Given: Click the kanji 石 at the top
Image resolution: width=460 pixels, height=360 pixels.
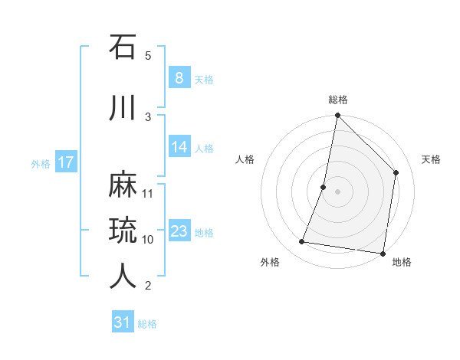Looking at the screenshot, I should pyautogui.click(x=123, y=47).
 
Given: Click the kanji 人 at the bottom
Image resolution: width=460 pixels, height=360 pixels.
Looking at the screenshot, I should pyautogui.click(x=123, y=276).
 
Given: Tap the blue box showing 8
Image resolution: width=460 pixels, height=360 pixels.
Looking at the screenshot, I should pyautogui.click(x=179, y=77).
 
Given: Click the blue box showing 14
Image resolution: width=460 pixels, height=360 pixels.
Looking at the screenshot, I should pyautogui.click(x=179, y=147).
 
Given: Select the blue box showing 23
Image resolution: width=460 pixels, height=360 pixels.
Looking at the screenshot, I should pyautogui.click(x=179, y=231).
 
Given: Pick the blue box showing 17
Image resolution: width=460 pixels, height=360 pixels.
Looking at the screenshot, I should pyautogui.click(x=65, y=162).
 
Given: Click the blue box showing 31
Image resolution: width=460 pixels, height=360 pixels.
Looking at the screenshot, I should pyautogui.click(x=123, y=322).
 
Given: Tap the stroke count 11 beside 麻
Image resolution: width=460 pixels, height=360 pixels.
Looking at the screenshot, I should pyautogui.click(x=148, y=193).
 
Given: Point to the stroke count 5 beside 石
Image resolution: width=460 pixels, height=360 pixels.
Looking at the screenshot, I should pyautogui.click(x=148, y=55).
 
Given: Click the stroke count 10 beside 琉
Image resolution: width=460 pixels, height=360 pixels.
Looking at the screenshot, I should pyautogui.click(x=148, y=239).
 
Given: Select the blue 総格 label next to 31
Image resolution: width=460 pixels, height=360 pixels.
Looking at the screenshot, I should pyautogui.click(x=147, y=324).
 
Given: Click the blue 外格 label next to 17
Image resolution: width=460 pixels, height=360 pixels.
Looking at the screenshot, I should pyautogui.click(x=41, y=163).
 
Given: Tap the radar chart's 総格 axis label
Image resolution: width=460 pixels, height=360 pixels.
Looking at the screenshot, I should pyautogui.click(x=337, y=100).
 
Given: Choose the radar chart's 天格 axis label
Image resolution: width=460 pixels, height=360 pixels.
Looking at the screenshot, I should pyautogui.click(x=431, y=159).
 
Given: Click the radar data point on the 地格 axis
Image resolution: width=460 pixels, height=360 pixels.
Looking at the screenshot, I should pyautogui.click(x=383, y=253).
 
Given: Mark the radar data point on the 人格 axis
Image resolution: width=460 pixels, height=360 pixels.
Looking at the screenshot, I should pyautogui.click(x=324, y=186).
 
